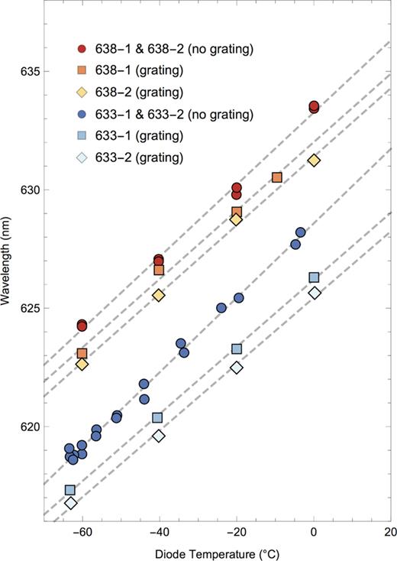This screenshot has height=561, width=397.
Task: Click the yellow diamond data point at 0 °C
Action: (x=314, y=160)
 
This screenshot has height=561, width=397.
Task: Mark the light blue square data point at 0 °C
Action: (x=314, y=277)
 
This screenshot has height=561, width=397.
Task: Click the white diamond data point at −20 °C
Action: (x=237, y=367)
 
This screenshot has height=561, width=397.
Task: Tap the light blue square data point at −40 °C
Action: (x=157, y=417)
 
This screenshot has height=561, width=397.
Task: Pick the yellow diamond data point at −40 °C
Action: (x=159, y=295)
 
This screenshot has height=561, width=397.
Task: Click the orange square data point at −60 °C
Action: (x=82, y=353)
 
